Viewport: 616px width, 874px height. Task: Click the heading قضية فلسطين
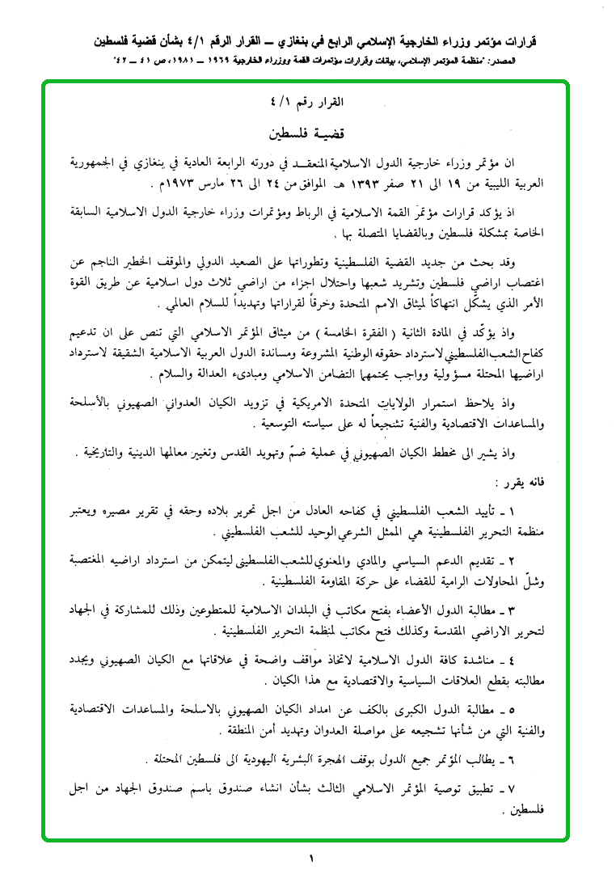[308, 130]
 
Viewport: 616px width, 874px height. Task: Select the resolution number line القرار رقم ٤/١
[309, 103]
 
